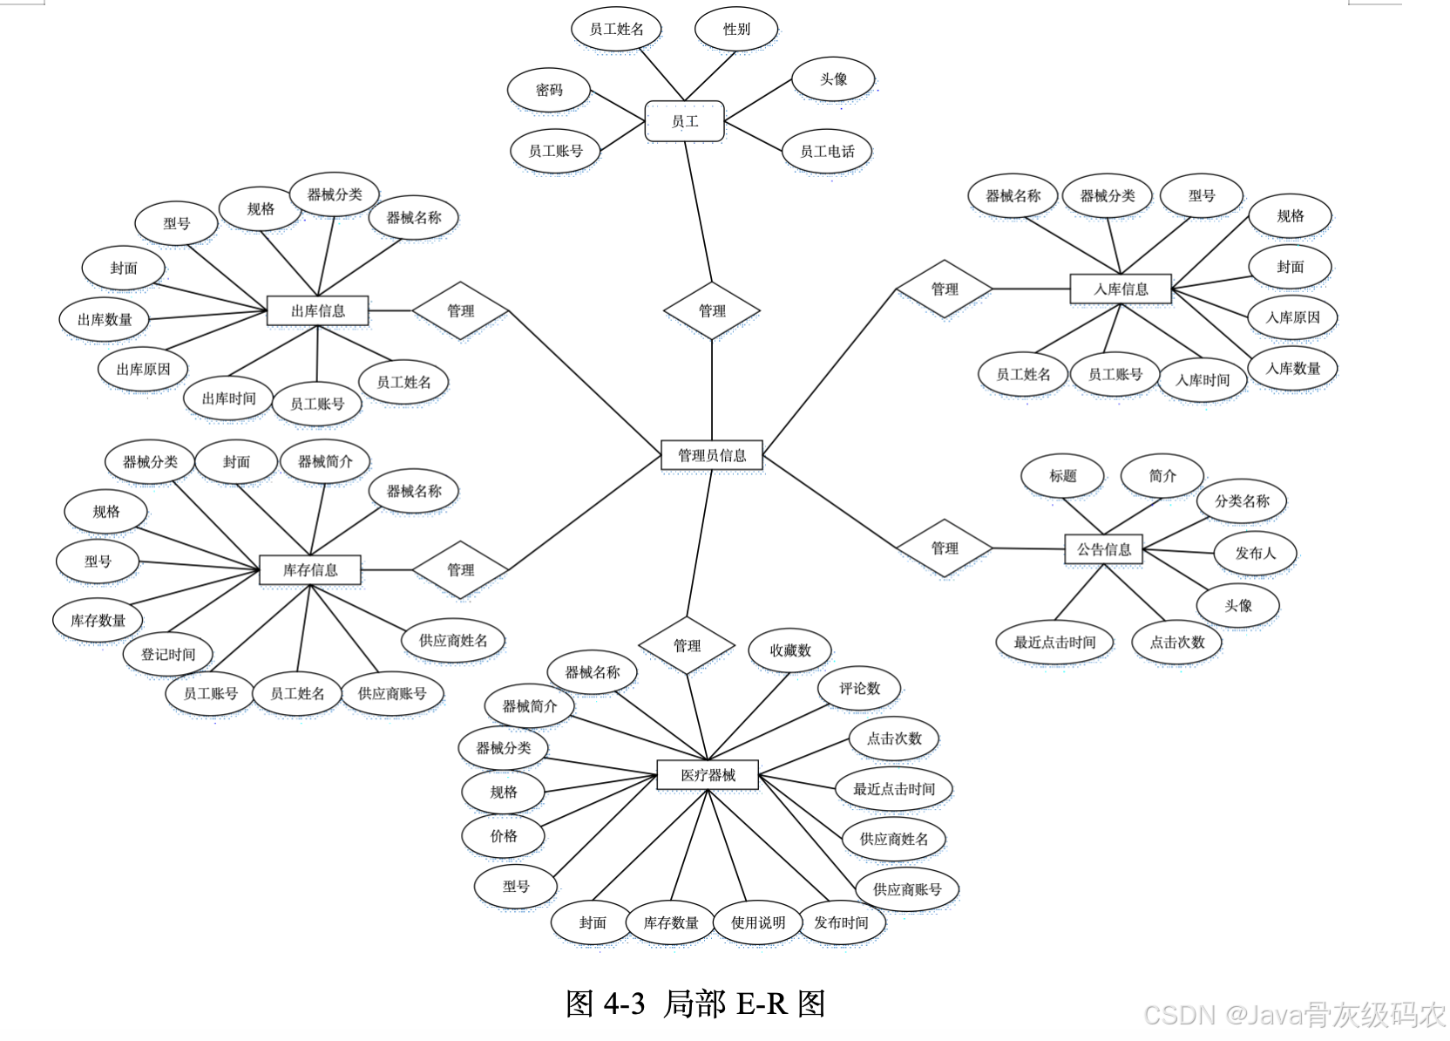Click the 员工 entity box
684,121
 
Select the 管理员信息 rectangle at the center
711,455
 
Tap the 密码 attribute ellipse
549,90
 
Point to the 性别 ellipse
735,29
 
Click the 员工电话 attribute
827,152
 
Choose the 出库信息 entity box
317,310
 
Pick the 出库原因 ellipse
143,369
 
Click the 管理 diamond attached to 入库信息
944,289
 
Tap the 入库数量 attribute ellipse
1292,368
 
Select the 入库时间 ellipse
1202,379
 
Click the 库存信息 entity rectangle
309,570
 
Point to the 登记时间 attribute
168,654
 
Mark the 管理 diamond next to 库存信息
460,570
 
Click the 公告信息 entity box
1103,549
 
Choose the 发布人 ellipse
1255,553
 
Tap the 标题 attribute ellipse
1062,476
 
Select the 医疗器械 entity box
708,775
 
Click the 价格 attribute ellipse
504,836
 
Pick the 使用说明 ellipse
757,922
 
